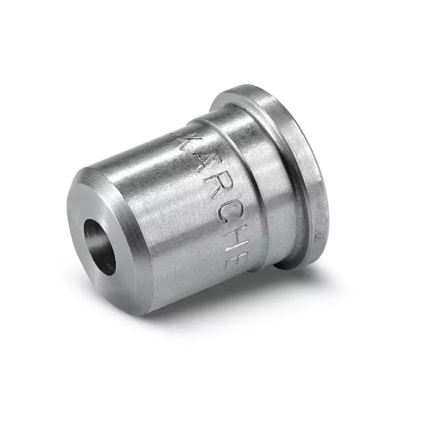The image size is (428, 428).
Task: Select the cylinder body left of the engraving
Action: click(x=152, y=222)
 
